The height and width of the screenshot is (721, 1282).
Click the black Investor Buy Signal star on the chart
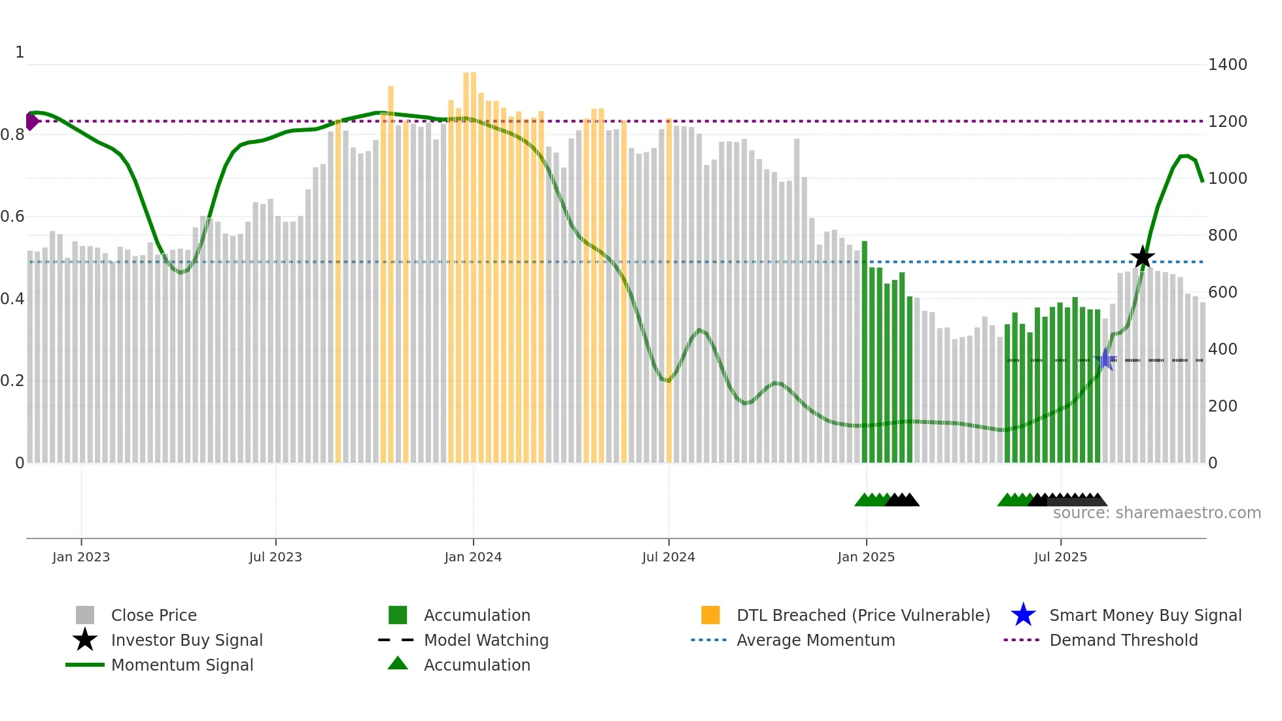pos(1142,257)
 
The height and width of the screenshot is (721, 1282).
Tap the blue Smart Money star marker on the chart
pos(1105,359)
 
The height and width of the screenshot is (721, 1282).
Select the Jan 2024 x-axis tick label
pos(473,557)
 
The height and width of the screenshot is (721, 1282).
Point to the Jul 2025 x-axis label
pos(1060,557)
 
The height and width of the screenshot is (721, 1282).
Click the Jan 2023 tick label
pos(81,557)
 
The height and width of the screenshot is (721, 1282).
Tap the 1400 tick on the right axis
pos(1227,65)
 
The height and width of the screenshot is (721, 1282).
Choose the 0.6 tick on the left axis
pos(12,217)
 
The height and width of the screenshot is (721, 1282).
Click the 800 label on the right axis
pos(1222,236)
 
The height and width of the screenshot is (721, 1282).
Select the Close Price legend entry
pos(154,615)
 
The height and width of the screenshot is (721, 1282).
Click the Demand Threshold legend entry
pos(1123,640)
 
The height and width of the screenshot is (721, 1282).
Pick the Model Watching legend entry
pos(486,640)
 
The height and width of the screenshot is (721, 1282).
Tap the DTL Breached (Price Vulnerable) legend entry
pos(863,615)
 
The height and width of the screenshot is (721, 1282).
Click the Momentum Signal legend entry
pos(182,665)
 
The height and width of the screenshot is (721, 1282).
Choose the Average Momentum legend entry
pos(815,640)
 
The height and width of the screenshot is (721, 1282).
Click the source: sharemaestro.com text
pos(1156,513)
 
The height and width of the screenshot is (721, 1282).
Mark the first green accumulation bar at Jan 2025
pos(865,353)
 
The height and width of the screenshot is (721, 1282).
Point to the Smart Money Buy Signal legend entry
pos(1145,615)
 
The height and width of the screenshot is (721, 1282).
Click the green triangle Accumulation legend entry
pos(476,665)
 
